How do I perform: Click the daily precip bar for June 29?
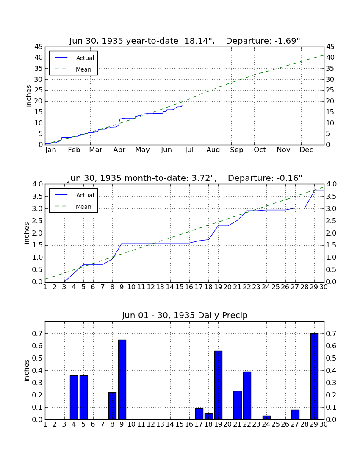(x=314, y=377)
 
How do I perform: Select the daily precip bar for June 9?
(x=122, y=380)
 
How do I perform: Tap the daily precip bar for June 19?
(x=218, y=385)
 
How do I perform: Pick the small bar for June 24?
(x=266, y=418)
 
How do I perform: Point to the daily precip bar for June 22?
(x=247, y=396)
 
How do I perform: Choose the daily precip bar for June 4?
(x=74, y=397)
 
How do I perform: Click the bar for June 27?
(x=295, y=415)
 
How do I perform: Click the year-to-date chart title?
(x=185, y=40)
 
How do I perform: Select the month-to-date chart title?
(x=185, y=178)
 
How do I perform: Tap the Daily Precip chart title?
(x=185, y=315)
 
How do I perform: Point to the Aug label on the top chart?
(x=213, y=150)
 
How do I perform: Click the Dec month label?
(x=306, y=150)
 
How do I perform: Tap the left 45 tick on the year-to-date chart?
(x=39, y=47)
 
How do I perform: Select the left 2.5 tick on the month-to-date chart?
(x=37, y=221)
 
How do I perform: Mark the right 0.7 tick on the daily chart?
(x=331, y=333)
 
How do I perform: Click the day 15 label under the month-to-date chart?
(x=180, y=287)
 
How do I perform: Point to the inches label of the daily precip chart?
(x=26, y=370)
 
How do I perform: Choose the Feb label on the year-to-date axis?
(x=74, y=150)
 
